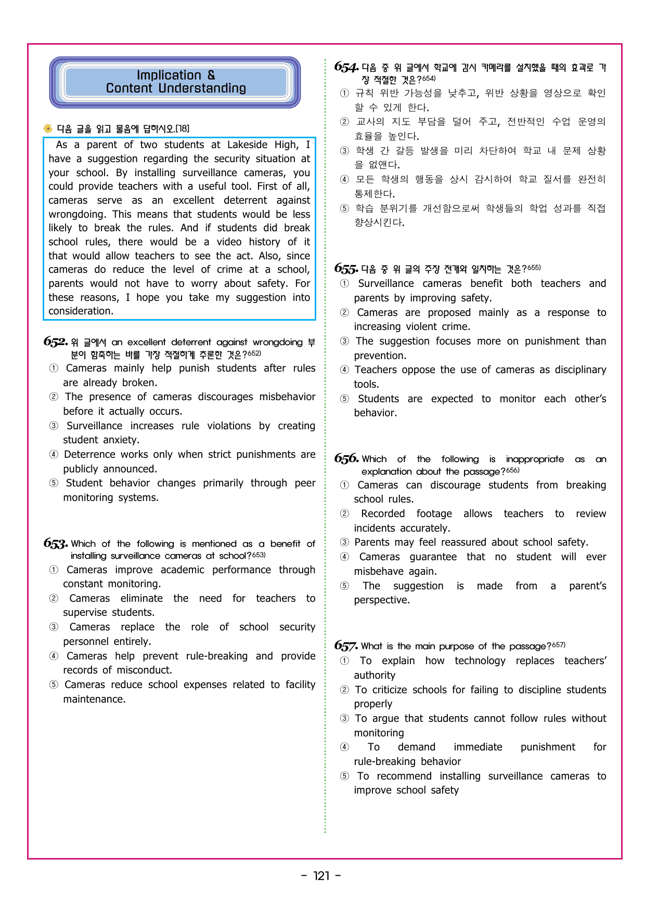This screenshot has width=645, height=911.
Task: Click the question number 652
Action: [x=55, y=342]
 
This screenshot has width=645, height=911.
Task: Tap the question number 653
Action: [x=55, y=544]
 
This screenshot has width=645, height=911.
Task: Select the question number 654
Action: [x=346, y=67]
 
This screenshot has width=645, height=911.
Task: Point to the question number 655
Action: [x=346, y=269]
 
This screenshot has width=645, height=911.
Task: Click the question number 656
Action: [x=346, y=458]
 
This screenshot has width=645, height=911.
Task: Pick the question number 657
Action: [x=346, y=646]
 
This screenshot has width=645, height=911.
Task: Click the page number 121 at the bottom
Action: [x=321, y=876]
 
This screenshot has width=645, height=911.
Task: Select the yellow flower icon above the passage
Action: [x=48, y=128]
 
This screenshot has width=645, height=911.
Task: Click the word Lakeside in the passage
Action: [x=250, y=144]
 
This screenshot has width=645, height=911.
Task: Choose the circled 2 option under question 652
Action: [x=54, y=397]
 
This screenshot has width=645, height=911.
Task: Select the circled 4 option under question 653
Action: [x=54, y=656]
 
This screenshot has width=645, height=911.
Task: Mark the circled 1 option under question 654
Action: [x=344, y=93]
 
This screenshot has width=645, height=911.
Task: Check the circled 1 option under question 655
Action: [x=344, y=284]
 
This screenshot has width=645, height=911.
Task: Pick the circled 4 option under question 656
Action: [x=344, y=557]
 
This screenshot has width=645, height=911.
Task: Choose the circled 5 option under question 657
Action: [x=344, y=776]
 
